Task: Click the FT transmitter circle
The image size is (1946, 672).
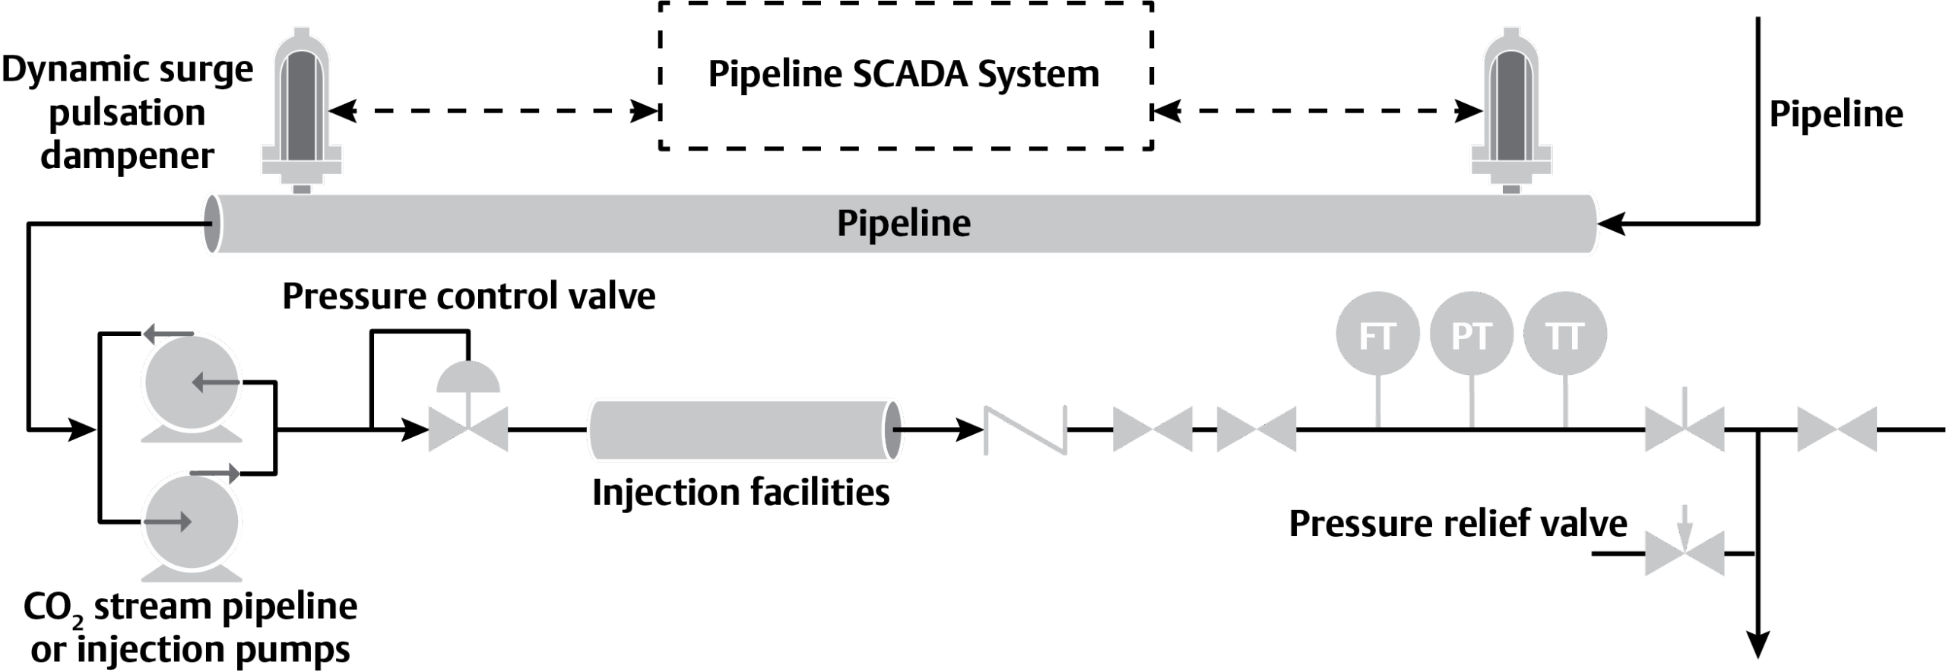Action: [1377, 334]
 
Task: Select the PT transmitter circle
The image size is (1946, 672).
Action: [1472, 334]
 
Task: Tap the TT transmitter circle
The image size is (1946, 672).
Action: [1565, 334]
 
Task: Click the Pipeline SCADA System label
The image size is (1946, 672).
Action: [904, 74]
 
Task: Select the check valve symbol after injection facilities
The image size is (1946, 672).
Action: [1025, 430]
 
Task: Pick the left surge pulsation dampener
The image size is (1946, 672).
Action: [302, 110]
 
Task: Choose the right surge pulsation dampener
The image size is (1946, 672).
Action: [1511, 110]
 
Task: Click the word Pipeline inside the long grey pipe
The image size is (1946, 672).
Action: [904, 223]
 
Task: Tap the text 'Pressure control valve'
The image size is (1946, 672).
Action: [469, 296]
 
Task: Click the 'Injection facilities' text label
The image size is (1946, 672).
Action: [740, 493]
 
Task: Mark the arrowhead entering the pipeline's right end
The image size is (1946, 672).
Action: [1611, 223]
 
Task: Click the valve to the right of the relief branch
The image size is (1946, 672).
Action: [1837, 430]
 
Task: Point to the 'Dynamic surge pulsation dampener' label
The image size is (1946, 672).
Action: [128, 113]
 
